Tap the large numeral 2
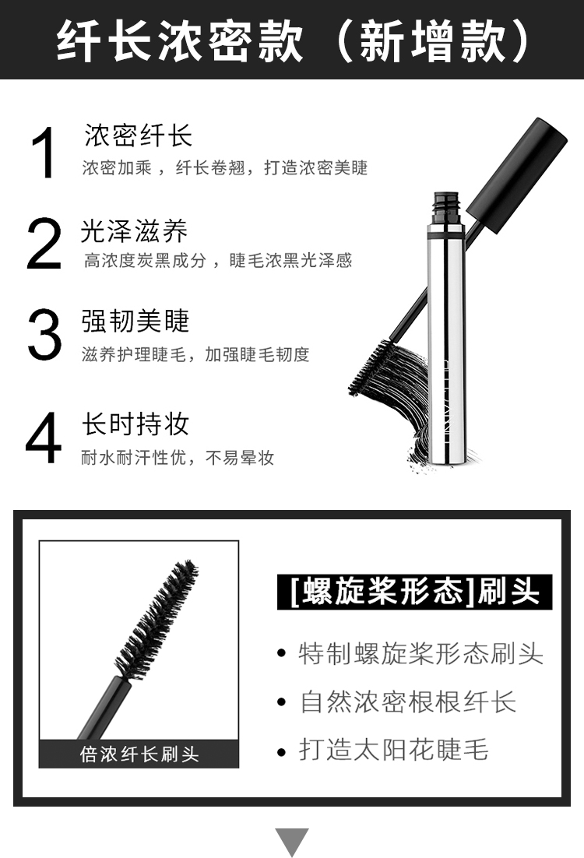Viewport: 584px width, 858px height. click(44, 243)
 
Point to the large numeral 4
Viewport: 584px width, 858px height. click(44, 438)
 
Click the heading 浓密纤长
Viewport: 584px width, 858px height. click(139, 135)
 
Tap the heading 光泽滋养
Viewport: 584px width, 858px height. click(135, 231)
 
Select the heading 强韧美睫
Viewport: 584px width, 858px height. click(135, 322)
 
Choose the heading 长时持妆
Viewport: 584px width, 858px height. click(135, 424)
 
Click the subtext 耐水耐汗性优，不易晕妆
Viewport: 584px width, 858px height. click(178, 458)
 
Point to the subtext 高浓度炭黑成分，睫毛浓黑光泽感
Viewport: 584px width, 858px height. click(218, 261)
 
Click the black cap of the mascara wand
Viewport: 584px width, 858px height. click(516, 175)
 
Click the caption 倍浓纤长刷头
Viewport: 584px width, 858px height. click(139, 754)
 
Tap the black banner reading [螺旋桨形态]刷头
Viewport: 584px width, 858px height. click(414, 592)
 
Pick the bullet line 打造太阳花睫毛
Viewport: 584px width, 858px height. click(393, 750)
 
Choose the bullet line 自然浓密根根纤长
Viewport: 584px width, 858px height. click(408, 702)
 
